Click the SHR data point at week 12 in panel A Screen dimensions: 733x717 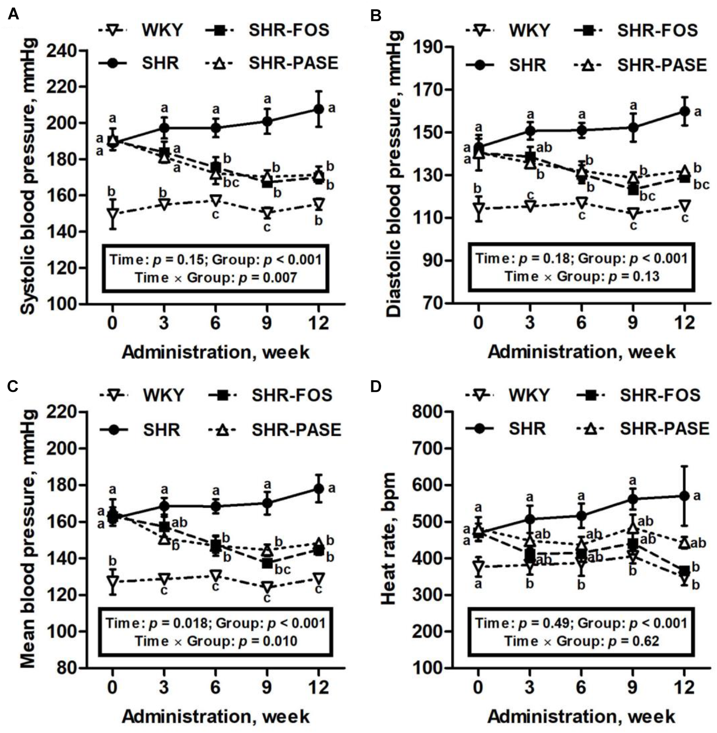(318, 109)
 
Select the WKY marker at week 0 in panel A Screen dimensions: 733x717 (113, 214)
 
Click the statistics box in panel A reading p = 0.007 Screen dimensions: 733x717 (216, 268)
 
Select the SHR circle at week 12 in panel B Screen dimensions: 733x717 (685, 111)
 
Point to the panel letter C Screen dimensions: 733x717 (13, 386)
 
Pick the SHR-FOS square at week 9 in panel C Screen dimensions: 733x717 (267, 564)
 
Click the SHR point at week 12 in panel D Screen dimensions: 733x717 (685, 496)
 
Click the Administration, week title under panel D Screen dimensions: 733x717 (581, 717)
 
